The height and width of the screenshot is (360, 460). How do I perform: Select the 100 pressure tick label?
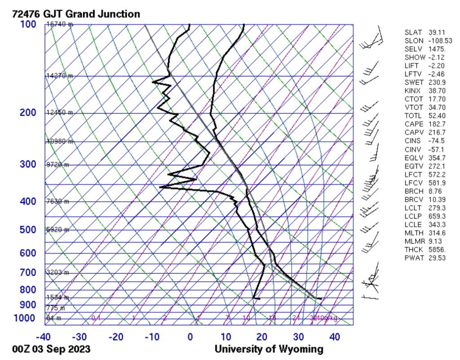point(28,24)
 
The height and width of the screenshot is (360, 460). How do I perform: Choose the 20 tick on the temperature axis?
point(262,336)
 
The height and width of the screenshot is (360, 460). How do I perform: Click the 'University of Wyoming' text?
point(269,349)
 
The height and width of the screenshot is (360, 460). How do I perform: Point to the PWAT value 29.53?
point(437,258)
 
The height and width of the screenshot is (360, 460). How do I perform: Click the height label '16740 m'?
point(59,24)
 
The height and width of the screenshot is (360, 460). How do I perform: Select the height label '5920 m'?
point(58,230)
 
